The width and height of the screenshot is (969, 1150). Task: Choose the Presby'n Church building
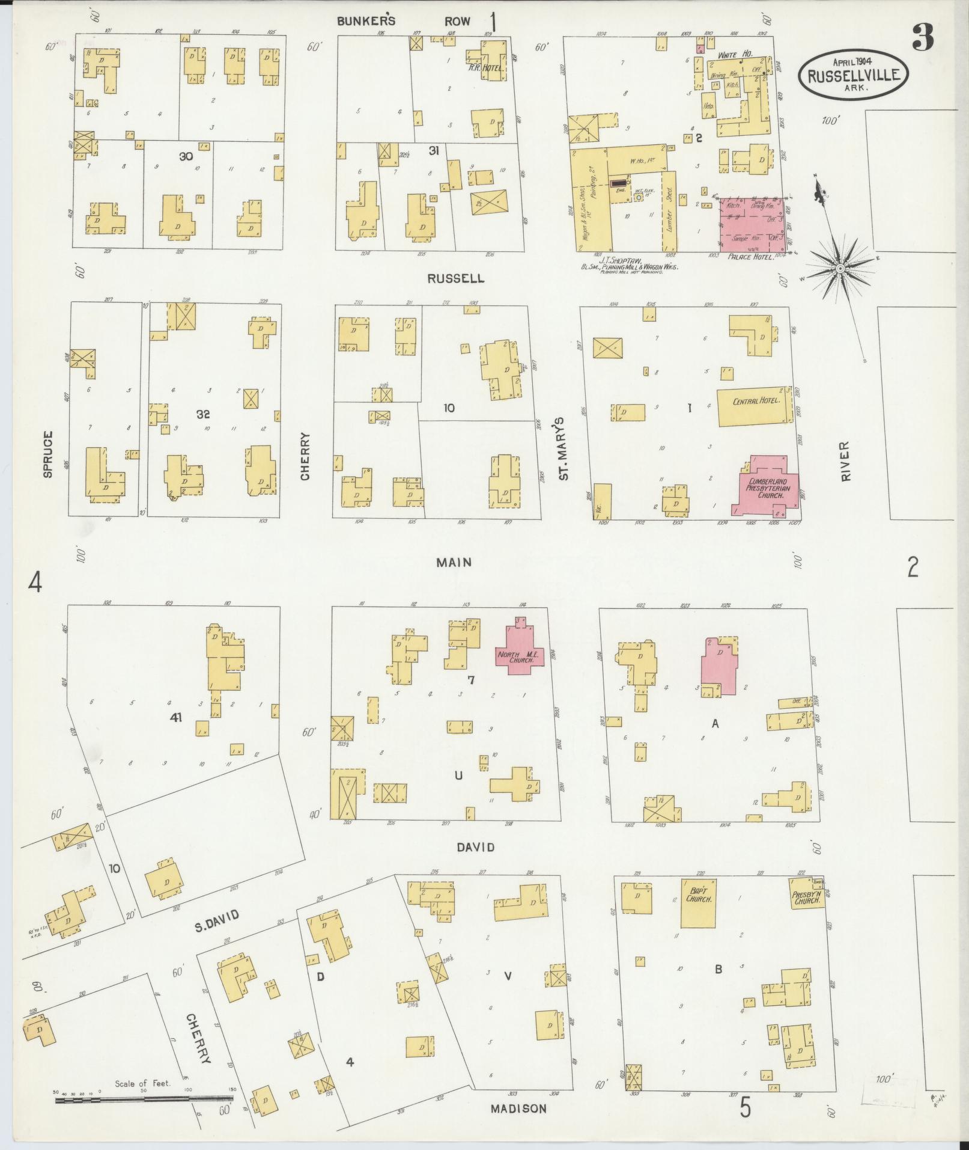807,898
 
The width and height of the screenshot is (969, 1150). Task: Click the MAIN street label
454,562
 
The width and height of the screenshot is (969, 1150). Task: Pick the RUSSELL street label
455,279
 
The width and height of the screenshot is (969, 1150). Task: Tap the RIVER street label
846,462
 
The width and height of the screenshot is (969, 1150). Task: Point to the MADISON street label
518,1109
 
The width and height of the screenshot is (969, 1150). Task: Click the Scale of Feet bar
144,1100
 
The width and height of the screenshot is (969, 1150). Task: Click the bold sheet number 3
922,38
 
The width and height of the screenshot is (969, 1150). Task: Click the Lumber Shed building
669,210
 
